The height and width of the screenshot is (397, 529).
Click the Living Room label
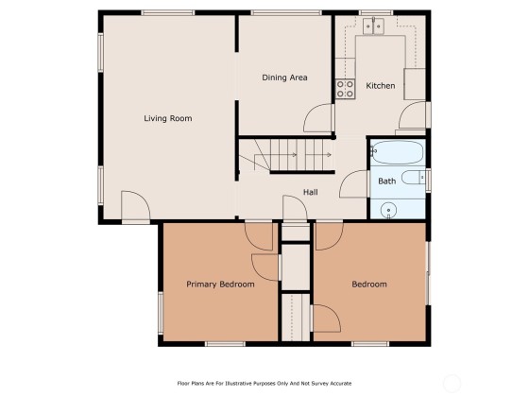coord(168,118)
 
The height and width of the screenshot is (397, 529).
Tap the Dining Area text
coord(284,78)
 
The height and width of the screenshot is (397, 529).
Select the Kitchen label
coord(381,86)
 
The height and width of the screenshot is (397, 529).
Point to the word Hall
coord(311,193)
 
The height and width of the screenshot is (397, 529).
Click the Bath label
coord(387,181)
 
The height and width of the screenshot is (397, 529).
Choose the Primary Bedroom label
coord(221,285)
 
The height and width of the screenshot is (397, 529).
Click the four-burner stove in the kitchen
coord(345,89)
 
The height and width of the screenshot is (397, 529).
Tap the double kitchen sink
coord(373,26)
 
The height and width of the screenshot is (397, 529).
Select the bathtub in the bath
coord(397,152)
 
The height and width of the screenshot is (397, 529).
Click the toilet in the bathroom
coord(414,178)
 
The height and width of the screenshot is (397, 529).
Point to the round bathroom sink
coord(388,210)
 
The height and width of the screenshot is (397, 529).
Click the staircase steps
coord(297,155)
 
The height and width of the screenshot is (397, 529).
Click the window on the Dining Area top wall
coord(286,13)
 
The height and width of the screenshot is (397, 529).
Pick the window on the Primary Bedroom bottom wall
coord(225,344)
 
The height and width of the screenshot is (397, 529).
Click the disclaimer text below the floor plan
coord(264,384)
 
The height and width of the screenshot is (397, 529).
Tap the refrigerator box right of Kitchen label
coord(415,84)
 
